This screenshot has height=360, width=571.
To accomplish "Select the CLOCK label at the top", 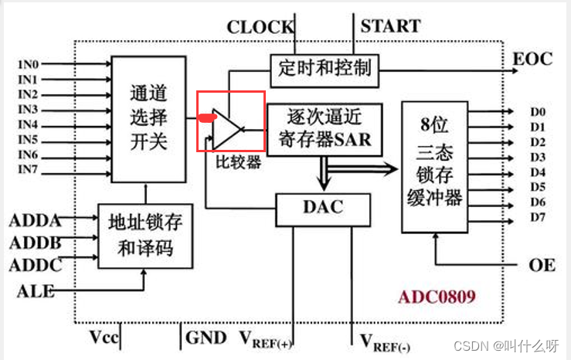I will point(260,28).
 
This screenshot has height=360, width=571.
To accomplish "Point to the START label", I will point(391,26).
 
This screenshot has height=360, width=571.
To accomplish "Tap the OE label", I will point(542,265).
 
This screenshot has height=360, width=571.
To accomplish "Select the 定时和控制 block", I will point(325,69).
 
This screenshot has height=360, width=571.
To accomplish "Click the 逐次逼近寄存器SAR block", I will point(325,128).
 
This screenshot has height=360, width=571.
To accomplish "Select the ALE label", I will point(36,291).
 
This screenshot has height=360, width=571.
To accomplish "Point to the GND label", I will point(206,338).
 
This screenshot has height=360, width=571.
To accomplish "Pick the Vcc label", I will point(104,338).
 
